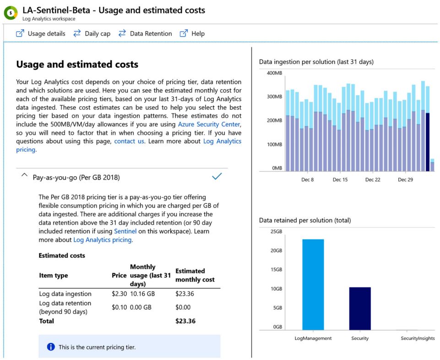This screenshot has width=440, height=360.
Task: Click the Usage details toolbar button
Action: click(41, 33)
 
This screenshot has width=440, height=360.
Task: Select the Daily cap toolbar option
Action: click(92, 33)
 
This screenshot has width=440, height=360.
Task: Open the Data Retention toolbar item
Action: click(145, 33)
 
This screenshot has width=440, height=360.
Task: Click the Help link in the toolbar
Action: click(192, 33)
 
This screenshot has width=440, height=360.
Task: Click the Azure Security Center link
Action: click(209, 124)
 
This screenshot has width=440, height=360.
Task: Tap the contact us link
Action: click(129, 141)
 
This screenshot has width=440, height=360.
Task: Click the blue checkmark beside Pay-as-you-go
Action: click(217, 176)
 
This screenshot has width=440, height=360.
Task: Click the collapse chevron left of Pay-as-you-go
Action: click(25, 176)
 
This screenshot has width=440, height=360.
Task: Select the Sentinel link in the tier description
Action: click(125, 231)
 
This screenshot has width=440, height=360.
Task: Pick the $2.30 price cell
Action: click(119, 294)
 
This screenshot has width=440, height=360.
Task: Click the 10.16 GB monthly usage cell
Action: click(143, 294)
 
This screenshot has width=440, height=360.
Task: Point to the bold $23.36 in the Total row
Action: click(185, 321)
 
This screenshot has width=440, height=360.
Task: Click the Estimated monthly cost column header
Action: click(195, 275)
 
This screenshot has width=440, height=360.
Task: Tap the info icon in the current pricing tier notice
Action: click(51, 347)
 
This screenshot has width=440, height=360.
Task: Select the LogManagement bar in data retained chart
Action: click(313, 284)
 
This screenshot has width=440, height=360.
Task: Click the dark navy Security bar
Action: click(360, 308)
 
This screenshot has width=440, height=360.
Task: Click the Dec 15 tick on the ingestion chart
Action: click(340, 180)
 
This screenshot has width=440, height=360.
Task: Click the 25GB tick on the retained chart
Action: click(276, 231)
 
